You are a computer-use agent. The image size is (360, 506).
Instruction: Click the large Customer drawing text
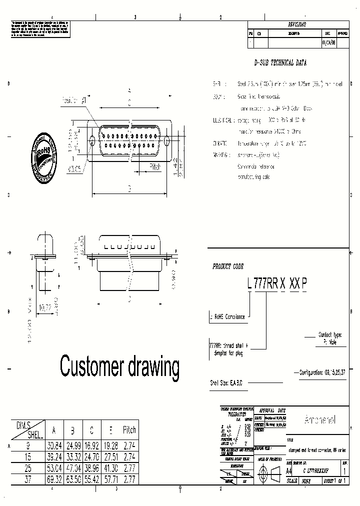coord(119,366)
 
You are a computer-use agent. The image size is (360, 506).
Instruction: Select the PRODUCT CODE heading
coord(227,267)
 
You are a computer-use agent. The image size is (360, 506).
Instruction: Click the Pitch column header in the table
coord(129,430)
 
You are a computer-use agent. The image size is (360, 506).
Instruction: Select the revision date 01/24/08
coord(328,43)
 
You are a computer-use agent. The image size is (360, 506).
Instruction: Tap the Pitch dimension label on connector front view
coord(155,167)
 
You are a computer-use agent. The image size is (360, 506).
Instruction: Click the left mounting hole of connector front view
coord(92,141)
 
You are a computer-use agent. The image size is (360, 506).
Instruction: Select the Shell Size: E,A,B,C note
coord(226,382)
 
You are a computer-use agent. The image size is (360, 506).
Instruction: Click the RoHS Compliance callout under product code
coord(228,316)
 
